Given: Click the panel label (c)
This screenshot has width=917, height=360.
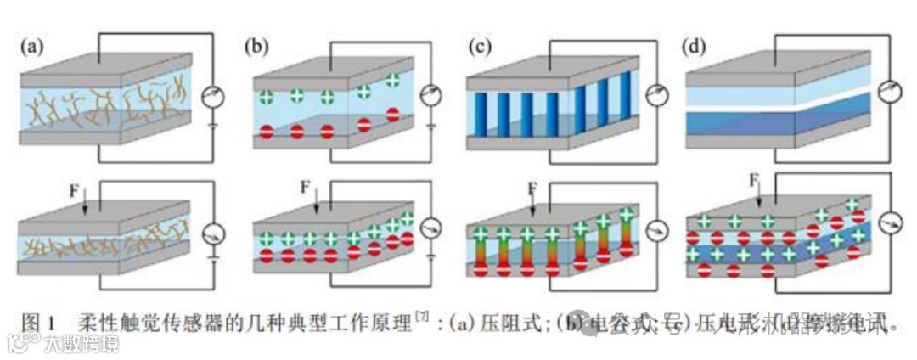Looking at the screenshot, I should tap(481, 47).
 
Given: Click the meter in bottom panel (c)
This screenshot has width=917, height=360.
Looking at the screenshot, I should tap(655, 230).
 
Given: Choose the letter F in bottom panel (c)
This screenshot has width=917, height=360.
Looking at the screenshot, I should tap(532, 187).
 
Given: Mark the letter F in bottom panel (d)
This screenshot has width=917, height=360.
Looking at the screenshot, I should tap(753, 181).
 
